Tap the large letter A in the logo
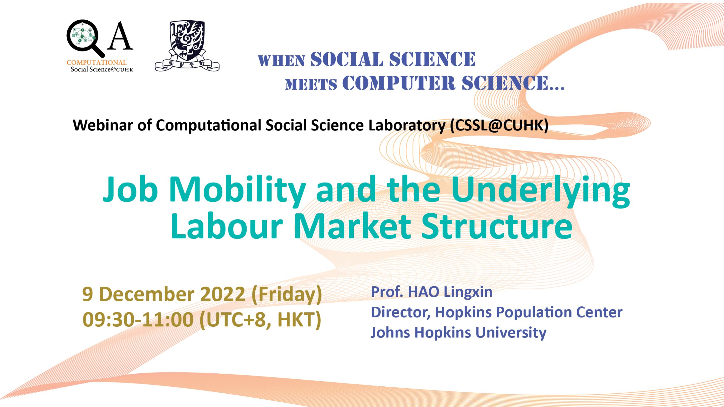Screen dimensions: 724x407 120,36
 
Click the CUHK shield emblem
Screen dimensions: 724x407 187,45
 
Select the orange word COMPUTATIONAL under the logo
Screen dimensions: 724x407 96,62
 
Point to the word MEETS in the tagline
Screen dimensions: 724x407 311,84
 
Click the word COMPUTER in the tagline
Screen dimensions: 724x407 399,83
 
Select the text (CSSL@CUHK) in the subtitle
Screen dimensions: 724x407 499,125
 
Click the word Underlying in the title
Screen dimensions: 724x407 541,191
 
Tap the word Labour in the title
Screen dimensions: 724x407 227,226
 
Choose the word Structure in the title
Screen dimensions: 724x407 497,226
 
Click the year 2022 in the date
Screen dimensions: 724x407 223,294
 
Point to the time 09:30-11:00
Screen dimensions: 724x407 138,320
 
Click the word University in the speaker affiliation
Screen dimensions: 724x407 511,333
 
